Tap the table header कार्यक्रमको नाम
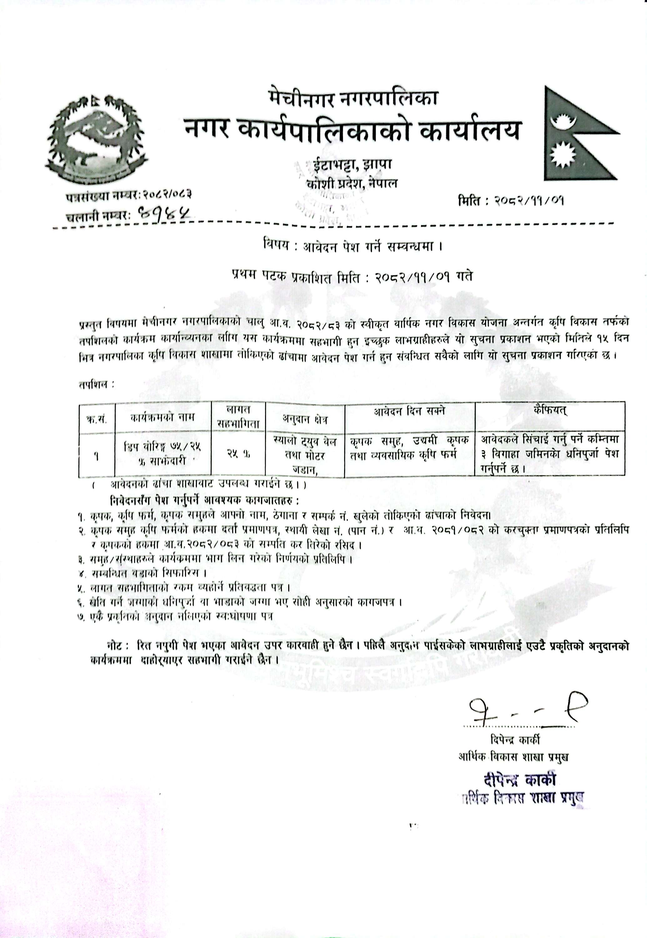click(163, 417)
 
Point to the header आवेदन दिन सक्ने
click(409, 411)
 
